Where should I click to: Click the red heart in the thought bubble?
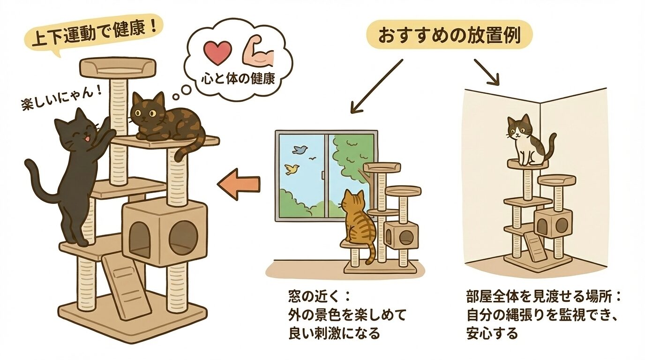click(x=219, y=52)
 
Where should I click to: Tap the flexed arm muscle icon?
click(x=257, y=53)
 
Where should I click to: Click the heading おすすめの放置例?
click(x=449, y=36)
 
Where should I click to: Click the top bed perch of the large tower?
click(x=118, y=68)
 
